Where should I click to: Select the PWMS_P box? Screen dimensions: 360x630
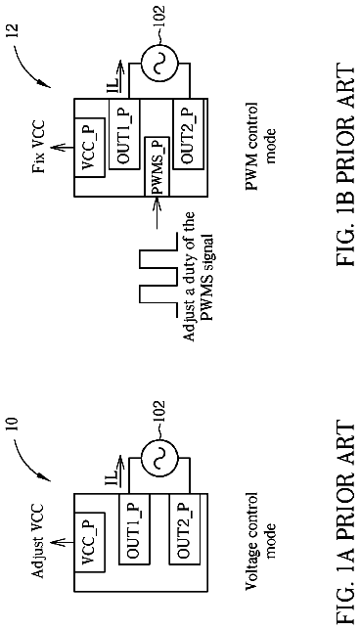(157, 166)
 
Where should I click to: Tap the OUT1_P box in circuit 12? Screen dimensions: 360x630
(124, 134)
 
